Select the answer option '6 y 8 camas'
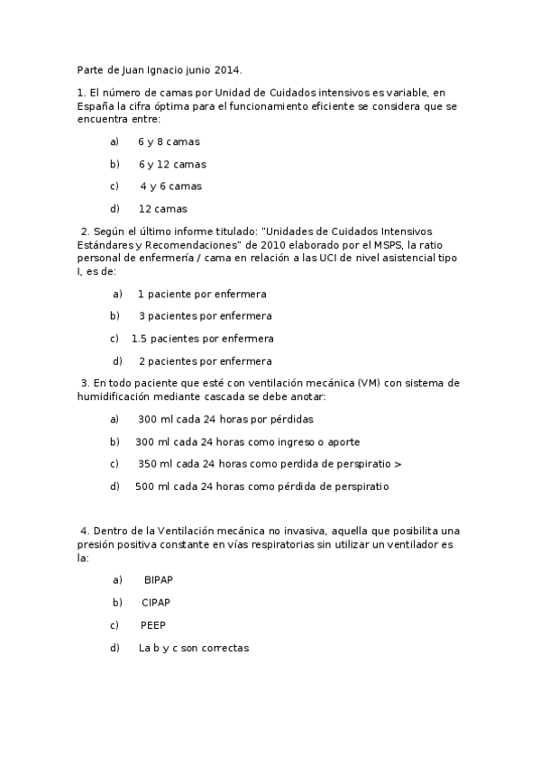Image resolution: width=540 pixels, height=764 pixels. click(169, 142)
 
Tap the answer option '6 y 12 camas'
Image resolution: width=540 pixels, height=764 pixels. click(172, 165)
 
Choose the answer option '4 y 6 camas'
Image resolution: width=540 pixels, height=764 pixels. click(170, 186)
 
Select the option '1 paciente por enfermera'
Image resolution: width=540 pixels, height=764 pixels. click(202, 295)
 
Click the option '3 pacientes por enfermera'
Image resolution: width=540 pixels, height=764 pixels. click(205, 316)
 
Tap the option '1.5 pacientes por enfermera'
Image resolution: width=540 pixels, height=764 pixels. click(202, 339)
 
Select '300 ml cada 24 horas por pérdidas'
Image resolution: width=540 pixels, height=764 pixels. click(225, 420)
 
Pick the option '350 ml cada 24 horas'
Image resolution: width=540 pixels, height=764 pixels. click(270, 464)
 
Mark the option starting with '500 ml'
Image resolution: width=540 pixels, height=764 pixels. click(262, 487)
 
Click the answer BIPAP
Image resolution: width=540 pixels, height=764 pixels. click(158, 580)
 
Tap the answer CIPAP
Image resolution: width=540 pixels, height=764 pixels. click(156, 603)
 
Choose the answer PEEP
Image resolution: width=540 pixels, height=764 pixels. click(152, 625)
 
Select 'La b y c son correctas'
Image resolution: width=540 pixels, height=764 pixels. click(193, 648)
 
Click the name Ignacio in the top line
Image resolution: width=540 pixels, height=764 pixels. click(166, 70)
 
